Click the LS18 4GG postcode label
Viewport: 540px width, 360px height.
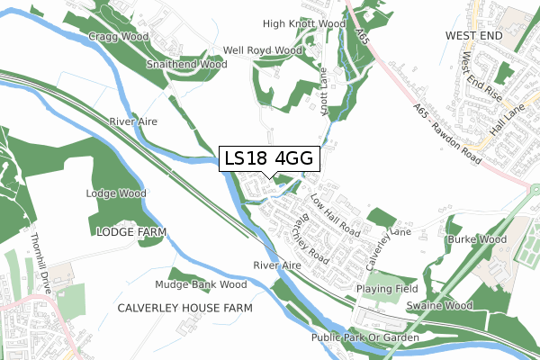click(268, 158)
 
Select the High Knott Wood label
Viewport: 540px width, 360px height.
click(304, 23)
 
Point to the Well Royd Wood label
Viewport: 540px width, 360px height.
click(263, 50)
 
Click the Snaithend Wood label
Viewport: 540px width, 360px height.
click(187, 65)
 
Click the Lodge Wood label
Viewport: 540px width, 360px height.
click(116, 193)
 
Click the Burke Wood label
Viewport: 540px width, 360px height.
click(476, 240)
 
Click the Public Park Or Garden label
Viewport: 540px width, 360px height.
click(365, 337)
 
